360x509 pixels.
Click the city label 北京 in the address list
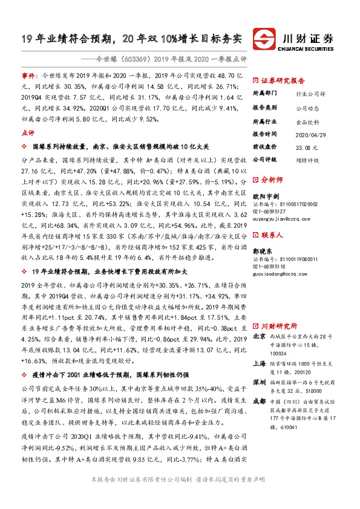259,319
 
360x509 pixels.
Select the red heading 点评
28,132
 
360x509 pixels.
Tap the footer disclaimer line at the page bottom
180,495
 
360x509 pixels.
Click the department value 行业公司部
310,95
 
